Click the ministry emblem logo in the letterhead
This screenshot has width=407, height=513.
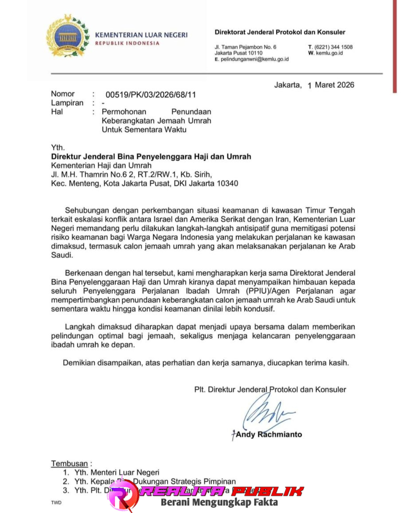(x=67, y=37)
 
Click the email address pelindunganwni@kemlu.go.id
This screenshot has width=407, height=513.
(x=254, y=59)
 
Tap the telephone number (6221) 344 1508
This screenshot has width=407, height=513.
(x=333, y=47)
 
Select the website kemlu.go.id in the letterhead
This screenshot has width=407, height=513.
(x=329, y=53)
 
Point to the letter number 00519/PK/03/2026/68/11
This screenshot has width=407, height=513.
(x=150, y=94)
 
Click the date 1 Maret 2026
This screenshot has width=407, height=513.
(x=330, y=85)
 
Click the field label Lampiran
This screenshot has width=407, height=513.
(x=67, y=103)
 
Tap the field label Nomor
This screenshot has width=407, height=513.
(x=63, y=94)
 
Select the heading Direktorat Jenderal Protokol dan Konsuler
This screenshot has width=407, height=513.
(x=280, y=32)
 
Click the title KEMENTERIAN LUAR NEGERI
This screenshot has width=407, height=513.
(x=141, y=35)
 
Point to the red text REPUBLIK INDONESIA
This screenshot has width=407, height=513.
(x=127, y=43)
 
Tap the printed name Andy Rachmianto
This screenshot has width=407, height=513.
(x=269, y=434)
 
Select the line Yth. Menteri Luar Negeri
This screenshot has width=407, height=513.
(x=116, y=472)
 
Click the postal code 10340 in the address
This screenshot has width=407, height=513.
(x=228, y=184)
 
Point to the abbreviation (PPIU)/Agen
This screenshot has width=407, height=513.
(x=268, y=291)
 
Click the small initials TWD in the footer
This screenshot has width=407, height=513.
(x=56, y=502)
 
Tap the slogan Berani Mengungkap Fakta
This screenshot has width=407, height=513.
(x=219, y=502)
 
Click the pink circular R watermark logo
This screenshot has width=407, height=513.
(x=123, y=495)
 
